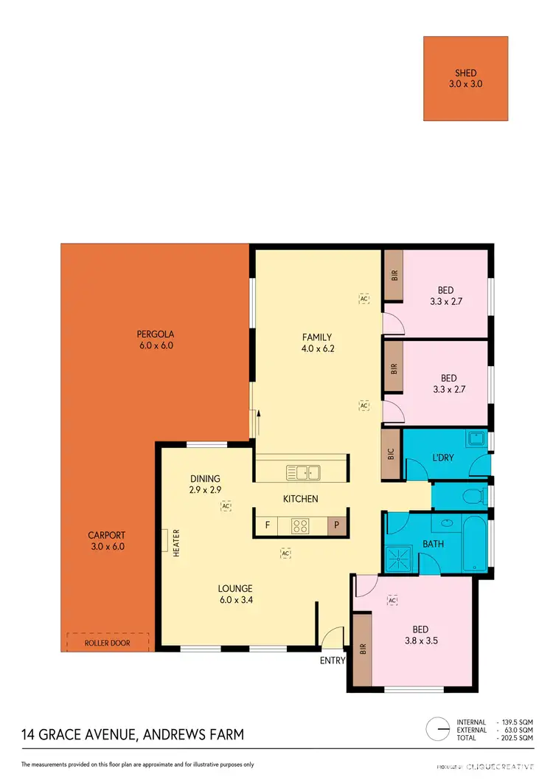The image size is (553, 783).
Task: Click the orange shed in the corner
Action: point(466,78)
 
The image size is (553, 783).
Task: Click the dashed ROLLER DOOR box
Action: point(108,642)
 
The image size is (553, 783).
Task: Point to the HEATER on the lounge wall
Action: point(166,543)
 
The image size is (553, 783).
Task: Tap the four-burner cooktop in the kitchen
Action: point(300,526)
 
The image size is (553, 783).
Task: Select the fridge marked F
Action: point(266,526)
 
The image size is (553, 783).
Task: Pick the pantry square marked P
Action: point(335,526)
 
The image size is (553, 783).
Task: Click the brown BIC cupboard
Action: point(390,455)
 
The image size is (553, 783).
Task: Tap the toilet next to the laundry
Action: point(479,494)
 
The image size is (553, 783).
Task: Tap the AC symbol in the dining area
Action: point(226,506)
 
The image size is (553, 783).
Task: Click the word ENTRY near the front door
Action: point(332,660)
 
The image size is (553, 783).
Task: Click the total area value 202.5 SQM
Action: point(517,737)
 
